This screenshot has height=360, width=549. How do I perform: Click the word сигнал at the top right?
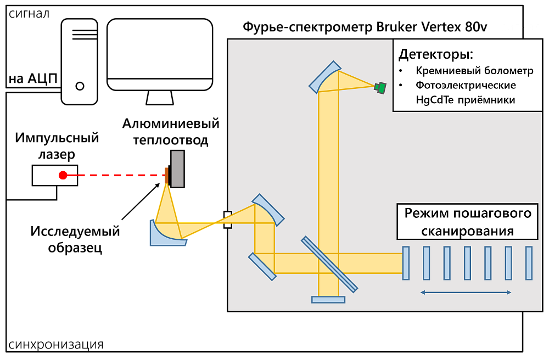point(520,27)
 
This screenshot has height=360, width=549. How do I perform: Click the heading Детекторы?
point(435,55)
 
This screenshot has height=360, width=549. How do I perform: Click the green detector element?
point(380,87)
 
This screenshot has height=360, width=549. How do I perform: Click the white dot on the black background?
point(80,86)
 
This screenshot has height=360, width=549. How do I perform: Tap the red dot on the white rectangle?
point(63,176)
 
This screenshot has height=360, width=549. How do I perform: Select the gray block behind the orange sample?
point(177,168)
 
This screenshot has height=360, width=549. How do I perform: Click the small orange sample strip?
point(166,175)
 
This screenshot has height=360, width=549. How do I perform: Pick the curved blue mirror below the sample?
point(165,235)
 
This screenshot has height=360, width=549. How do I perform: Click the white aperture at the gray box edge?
point(228,220)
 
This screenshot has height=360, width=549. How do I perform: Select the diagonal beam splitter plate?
point(329,264)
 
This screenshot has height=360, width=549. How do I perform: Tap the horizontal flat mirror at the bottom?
point(328,300)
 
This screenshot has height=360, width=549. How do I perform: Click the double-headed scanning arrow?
point(466,292)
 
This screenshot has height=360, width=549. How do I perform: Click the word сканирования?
point(467,231)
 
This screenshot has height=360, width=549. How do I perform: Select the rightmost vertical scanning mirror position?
point(529,263)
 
